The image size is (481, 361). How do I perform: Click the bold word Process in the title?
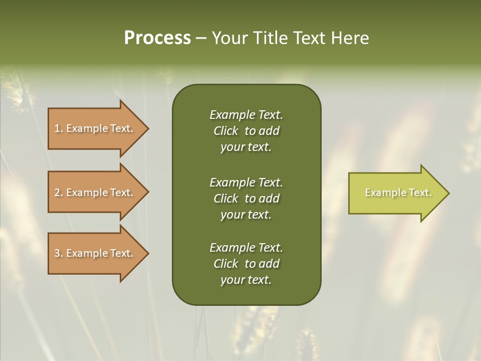[x=157, y=38]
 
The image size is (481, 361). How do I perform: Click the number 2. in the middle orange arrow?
[x=59, y=193]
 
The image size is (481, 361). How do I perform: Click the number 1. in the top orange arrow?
[x=59, y=128]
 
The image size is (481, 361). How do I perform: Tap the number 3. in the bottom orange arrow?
[x=59, y=253]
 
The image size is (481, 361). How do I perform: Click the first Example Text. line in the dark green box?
[x=246, y=115]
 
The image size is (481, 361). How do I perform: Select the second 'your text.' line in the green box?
[x=246, y=215]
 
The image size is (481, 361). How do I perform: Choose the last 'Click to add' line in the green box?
[x=246, y=264]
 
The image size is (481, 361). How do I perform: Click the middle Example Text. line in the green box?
[x=246, y=182]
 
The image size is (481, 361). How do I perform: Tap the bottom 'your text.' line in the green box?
[x=246, y=280]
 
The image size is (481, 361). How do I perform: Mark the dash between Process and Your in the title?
[x=201, y=39]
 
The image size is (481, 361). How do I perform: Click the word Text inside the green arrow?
[x=420, y=193]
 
